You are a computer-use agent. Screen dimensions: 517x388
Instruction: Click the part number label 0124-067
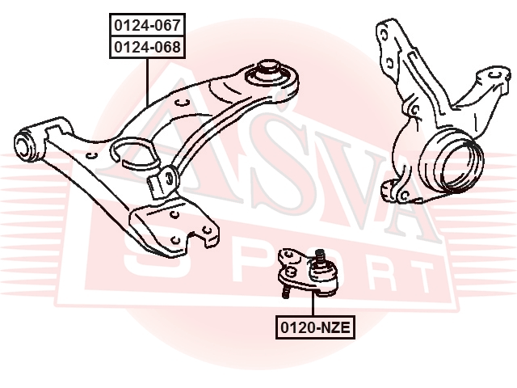pyautogui.click(x=147, y=25)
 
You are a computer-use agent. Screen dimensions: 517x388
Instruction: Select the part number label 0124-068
pyautogui.click(x=147, y=47)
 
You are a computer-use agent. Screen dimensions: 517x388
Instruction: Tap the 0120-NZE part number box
pyautogui.click(x=316, y=327)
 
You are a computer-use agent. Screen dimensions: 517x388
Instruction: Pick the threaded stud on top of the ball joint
pyautogui.click(x=320, y=255)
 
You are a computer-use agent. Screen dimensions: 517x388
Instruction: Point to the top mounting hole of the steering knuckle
pyautogui.click(x=383, y=35)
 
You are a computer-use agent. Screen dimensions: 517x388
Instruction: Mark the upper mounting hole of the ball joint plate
pyautogui.click(x=288, y=253)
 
